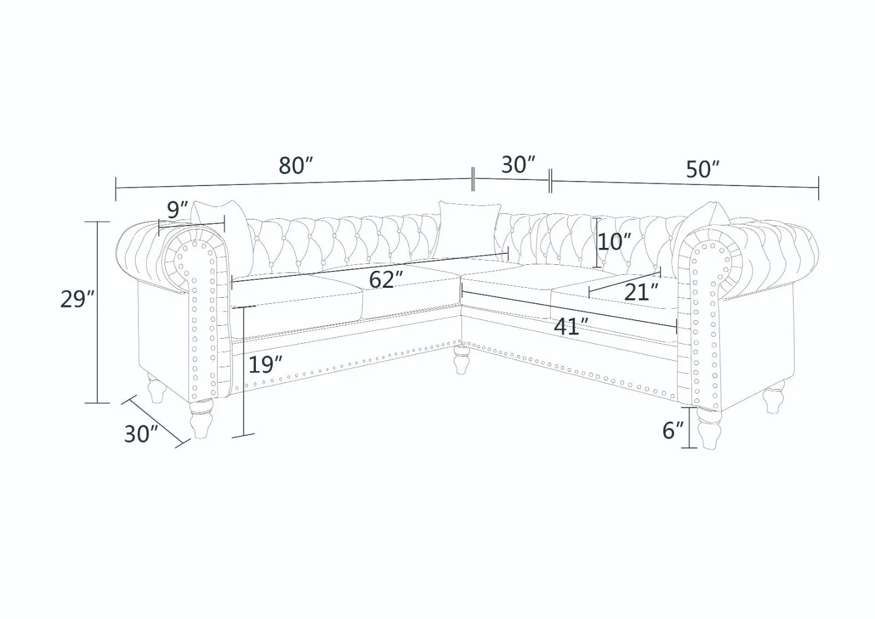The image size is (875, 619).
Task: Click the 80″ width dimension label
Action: click(x=296, y=166)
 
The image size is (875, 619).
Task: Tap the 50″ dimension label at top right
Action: click(x=702, y=169)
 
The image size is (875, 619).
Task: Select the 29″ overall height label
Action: click(x=77, y=299)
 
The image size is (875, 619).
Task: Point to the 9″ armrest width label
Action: click(x=178, y=210)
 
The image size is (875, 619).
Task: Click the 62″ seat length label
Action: click(x=386, y=280)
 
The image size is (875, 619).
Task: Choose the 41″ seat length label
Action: click(x=571, y=327)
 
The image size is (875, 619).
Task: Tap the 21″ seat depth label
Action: click(x=641, y=292)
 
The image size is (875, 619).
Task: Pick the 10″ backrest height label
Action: click(x=614, y=242)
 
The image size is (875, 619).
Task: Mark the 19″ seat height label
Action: click(x=265, y=365)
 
